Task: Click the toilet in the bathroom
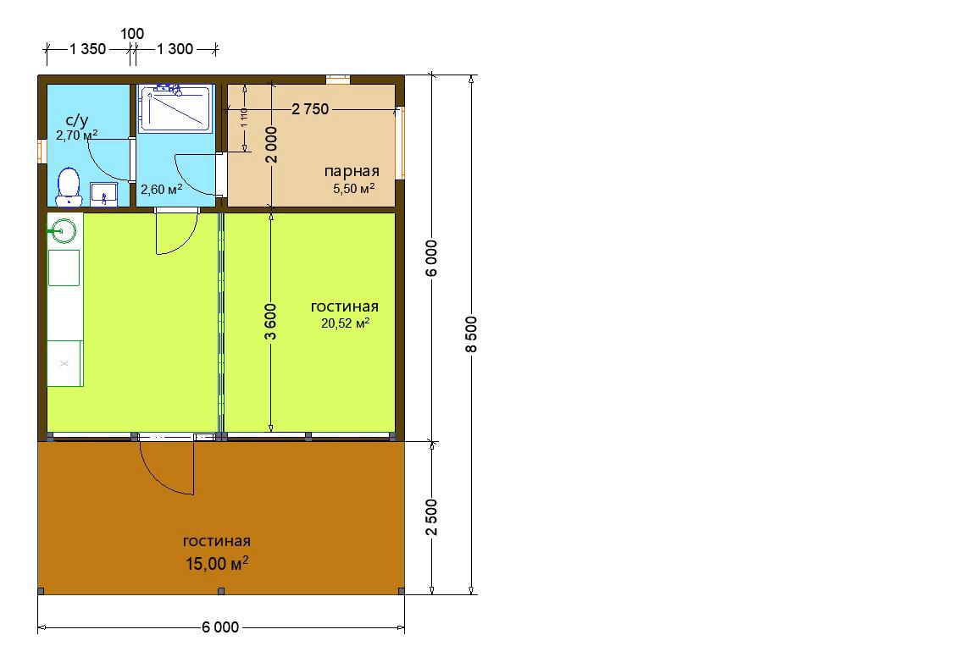[68, 186]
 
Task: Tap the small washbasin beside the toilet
[104, 194]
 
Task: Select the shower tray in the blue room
[175, 109]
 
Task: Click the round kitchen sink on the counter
[64, 231]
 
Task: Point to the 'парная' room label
[352, 172]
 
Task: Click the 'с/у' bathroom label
[76, 120]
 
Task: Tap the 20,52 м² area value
[346, 323]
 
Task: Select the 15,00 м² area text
[217, 564]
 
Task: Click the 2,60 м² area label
[161, 189]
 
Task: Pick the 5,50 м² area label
[354, 189]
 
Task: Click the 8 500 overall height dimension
[471, 334]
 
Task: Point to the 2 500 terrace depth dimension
[433, 517]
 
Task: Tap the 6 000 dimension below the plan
[220, 627]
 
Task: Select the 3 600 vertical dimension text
[271, 322]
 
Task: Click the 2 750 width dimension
[310, 109]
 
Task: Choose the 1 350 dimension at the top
[88, 49]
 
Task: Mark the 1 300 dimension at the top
[175, 49]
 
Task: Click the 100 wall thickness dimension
[132, 34]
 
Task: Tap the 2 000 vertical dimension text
[271, 145]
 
